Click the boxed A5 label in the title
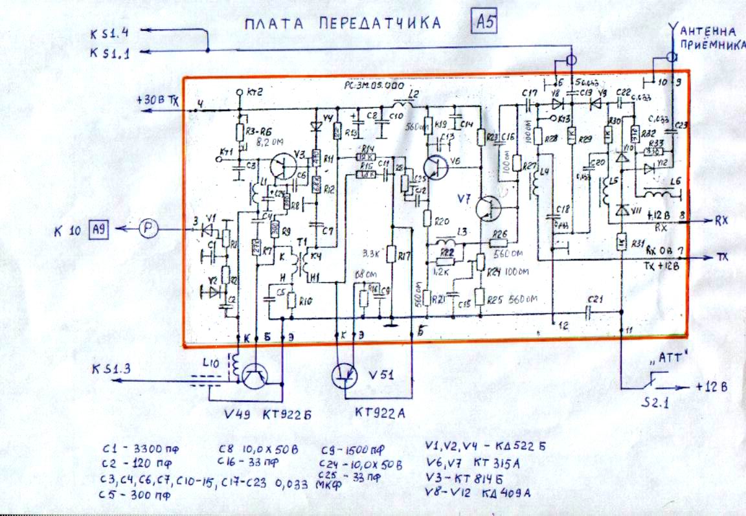[x=484, y=24]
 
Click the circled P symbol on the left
[x=148, y=229]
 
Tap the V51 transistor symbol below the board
[x=345, y=375]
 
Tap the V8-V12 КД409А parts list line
[x=479, y=493]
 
